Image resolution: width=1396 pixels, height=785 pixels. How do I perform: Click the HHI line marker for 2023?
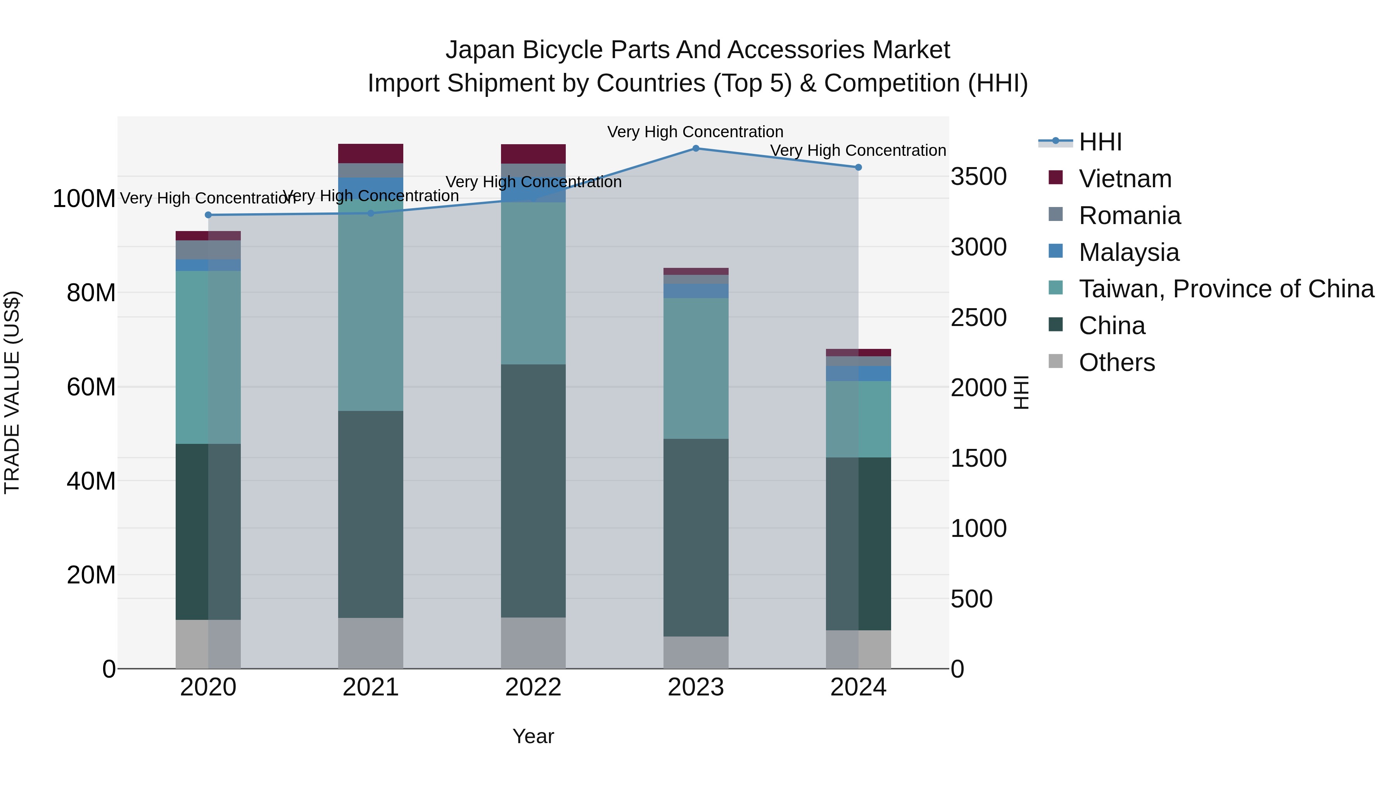click(696, 148)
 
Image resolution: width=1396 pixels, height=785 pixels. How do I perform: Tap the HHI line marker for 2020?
click(208, 215)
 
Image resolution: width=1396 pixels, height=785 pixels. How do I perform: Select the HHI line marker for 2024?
click(859, 167)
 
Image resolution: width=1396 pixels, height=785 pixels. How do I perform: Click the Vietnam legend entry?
click(1125, 179)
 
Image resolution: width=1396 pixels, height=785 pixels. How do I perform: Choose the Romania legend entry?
click(1129, 216)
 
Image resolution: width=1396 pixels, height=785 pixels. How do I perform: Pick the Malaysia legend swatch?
click(1056, 251)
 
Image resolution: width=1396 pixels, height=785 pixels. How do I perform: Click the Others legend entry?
click(1116, 362)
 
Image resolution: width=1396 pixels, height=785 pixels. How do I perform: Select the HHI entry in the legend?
click(1100, 142)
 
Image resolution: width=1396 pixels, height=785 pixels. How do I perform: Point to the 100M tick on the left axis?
click(84, 199)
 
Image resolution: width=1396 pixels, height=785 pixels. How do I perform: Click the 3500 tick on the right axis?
click(979, 177)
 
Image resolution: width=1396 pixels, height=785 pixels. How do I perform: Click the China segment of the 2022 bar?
click(533, 490)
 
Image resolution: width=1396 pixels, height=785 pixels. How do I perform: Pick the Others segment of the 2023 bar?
click(696, 652)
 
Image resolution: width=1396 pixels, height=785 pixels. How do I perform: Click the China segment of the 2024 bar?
click(859, 543)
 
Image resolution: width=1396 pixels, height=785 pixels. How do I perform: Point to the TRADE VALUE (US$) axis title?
click(12, 392)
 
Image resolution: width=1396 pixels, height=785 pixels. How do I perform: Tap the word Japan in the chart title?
click(477, 50)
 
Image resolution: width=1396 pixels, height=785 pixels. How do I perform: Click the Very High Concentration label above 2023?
click(695, 132)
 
